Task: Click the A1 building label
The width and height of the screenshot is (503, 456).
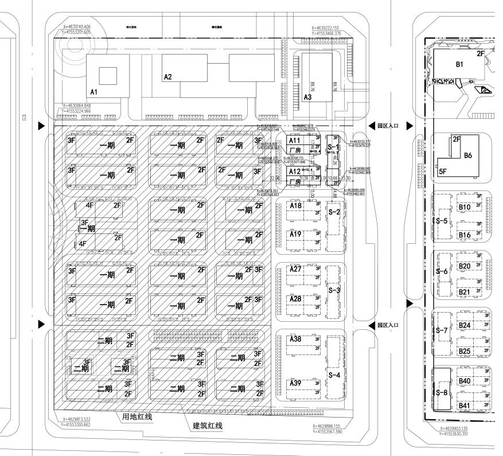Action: coord(94,91)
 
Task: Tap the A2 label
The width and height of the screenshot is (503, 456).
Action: coord(167,76)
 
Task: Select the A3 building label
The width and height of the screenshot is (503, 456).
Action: coord(307,98)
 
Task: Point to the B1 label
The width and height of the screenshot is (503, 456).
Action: coord(459,64)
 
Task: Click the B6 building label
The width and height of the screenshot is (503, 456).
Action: coord(468,155)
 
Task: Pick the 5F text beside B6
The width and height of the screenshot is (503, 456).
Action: coord(443,171)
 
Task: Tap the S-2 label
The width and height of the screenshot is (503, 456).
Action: coord(334,212)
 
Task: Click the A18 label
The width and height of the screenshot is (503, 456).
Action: coord(296,205)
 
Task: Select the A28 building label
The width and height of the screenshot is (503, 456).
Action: coord(296,299)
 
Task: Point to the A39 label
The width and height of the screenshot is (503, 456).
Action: coord(296,383)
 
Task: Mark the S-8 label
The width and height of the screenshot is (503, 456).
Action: coord(442,392)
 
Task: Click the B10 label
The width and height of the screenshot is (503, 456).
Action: coord(465,206)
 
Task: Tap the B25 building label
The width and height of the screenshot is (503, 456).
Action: coord(465,351)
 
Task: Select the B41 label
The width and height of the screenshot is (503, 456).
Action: coord(465,406)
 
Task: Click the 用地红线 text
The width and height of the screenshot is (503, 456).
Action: coord(137,416)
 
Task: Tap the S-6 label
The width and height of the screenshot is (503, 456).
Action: coord(442,271)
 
